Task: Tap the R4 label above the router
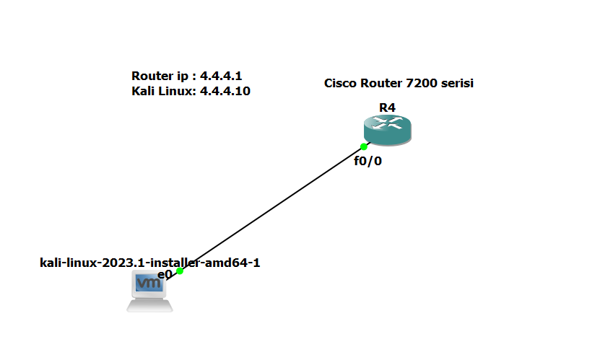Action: (387, 108)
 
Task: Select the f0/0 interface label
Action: (368, 161)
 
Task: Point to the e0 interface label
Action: (165, 275)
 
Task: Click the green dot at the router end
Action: (364, 146)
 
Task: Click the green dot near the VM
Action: (180, 271)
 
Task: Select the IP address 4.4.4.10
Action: (225, 92)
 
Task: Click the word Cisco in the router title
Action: (339, 84)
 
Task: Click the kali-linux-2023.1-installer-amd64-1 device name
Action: (149, 263)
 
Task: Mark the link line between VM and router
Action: (271, 209)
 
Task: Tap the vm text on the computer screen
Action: (149, 284)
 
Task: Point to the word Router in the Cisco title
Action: (381, 84)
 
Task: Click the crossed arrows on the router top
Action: (387, 124)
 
